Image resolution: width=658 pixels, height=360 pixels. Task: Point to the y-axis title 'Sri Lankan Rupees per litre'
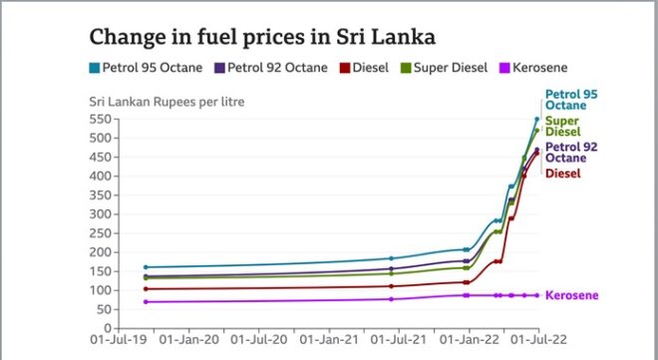166,102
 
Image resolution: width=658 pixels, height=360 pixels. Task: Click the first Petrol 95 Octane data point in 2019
146,267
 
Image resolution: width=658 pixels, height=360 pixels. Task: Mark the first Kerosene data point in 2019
146,301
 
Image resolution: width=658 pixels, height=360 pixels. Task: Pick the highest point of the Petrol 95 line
537,120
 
